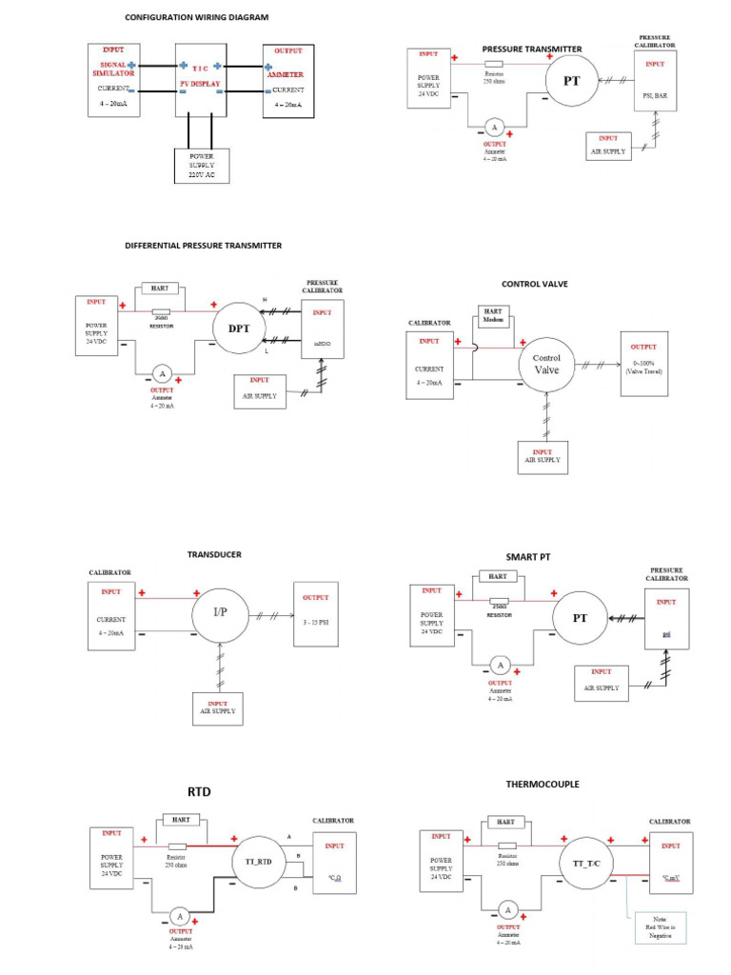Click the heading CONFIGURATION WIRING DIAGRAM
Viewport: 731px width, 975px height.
click(197, 17)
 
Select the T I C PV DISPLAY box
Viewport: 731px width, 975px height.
click(200, 80)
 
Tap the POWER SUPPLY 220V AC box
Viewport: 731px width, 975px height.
click(202, 166)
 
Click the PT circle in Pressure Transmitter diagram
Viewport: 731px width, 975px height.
click(571, 81)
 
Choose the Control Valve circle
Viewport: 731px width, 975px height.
click(546, 365)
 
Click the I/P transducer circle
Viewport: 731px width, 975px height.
click(220, 611)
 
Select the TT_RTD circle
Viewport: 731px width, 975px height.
click(252, 861)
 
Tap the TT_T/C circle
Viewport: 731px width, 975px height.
click(586, 862)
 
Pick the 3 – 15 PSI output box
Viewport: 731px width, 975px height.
click(315, 614)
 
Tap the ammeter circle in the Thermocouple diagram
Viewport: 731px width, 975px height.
click(507, 910)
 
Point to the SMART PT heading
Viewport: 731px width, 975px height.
click(527, 556)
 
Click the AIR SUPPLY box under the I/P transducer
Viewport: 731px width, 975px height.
click(217, 709)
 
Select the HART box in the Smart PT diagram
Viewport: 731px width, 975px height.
click(496, 577)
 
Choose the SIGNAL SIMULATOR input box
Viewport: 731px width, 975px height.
click(113, 81)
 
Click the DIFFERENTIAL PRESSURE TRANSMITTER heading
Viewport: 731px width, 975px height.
click(203, 246)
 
